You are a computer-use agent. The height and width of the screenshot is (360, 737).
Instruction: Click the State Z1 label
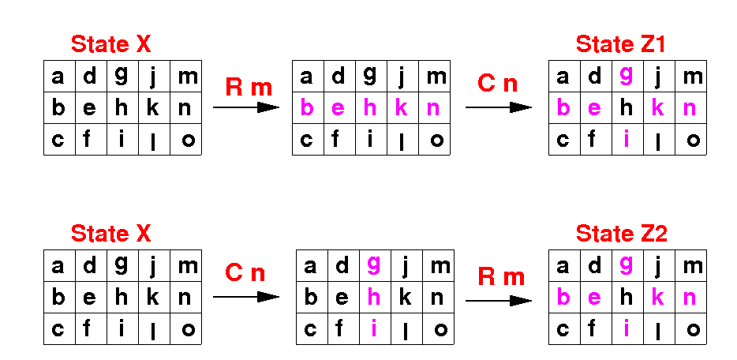(x=620, y=44)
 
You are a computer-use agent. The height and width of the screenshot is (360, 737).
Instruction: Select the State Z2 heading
(x=621, y=234)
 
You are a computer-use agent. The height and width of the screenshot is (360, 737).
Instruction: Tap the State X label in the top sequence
(x=110, y=44)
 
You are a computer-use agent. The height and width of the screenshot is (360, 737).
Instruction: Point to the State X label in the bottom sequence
(x=110, y=234)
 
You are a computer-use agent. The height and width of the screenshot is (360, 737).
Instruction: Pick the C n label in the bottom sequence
(x=245, y=274)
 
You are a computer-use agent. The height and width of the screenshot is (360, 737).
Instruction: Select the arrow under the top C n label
(x=499, y=107)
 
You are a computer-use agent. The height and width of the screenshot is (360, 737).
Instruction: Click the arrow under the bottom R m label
(x=499, y=300)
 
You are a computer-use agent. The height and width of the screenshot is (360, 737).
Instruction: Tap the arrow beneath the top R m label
(x=246, y=107)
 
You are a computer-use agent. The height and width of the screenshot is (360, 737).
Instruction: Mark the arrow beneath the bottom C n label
(x=246, y=297)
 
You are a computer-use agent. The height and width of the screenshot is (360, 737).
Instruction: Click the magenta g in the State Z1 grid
(x=627, y=76)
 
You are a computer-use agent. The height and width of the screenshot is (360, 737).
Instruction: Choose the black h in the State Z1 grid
(x=627, y=108)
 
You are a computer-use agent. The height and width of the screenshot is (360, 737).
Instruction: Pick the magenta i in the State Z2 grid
(x=627, y=329)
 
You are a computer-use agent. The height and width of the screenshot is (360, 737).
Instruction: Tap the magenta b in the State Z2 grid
(x=563, y=298)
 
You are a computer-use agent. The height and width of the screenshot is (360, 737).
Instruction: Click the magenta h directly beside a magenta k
(x=370, y=108)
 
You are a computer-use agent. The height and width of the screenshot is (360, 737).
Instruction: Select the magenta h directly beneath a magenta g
(x=374, y=298)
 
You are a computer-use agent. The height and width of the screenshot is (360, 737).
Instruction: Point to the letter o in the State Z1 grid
(x=692, y=141)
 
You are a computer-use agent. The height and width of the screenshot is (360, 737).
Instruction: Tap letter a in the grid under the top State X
(x=58, y=77)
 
